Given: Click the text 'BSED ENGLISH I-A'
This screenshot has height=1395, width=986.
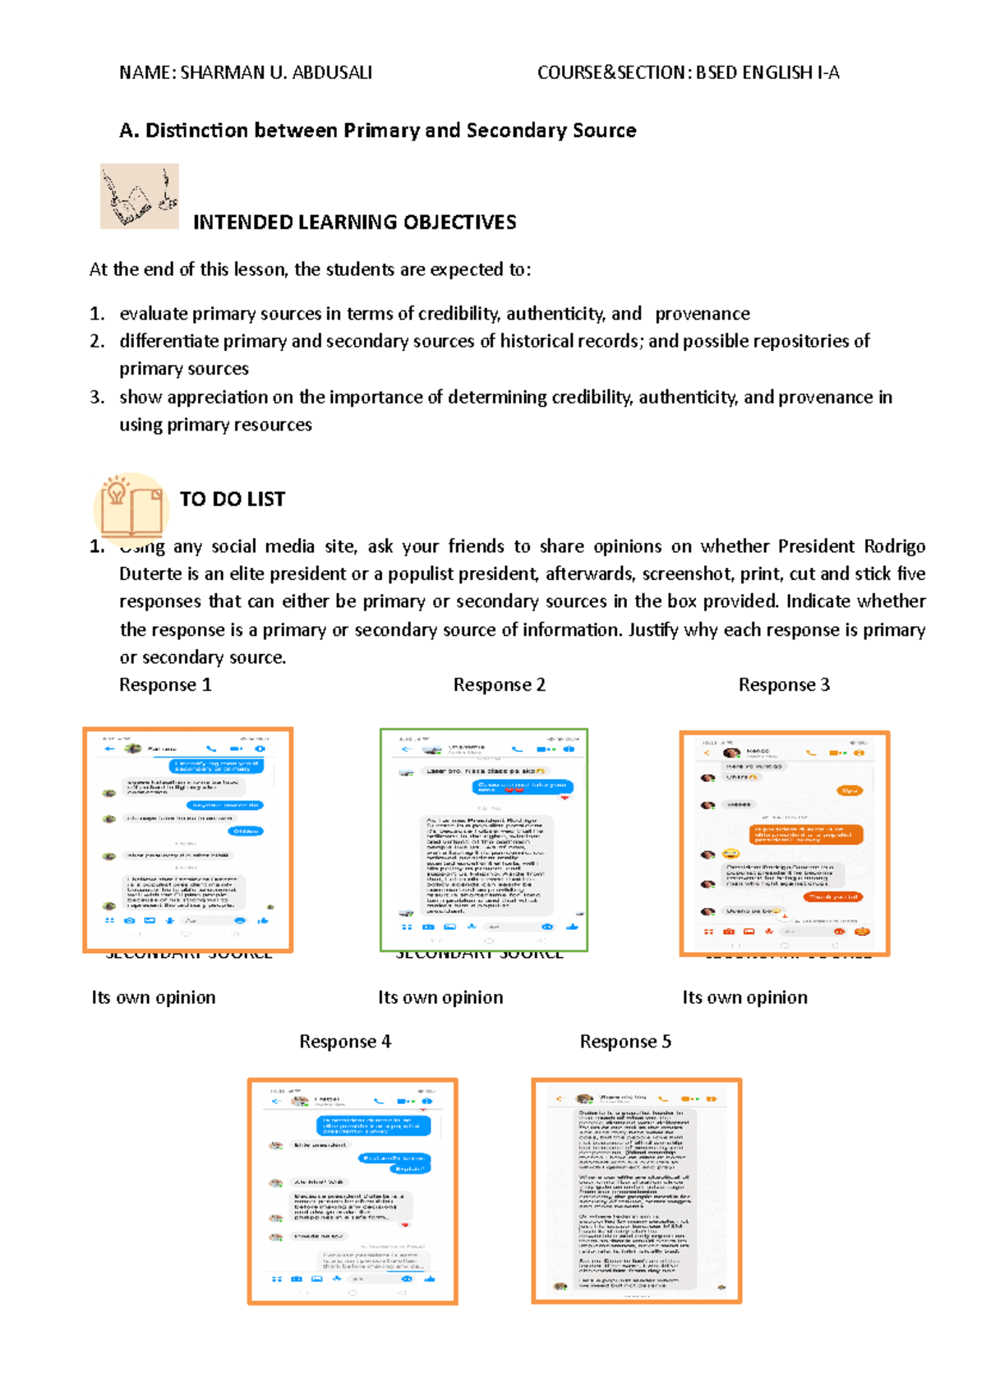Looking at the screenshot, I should (x=767, y=73).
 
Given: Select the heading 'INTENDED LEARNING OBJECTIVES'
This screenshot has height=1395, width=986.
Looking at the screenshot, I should (x=354, y=223).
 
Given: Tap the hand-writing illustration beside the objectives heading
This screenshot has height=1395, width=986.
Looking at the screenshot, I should (x=139, y=196).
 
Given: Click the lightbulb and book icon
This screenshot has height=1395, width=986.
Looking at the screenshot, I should (x=131, y=507).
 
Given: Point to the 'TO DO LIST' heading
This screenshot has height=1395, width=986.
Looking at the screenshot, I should (x=233, y=500).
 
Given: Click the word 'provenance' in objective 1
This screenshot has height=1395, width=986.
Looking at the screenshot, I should (x=702, y=314).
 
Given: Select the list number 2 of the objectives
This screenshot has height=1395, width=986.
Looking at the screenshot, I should (x=97, y=342).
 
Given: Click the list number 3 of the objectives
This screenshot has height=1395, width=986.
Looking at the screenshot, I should (x=97, y=398).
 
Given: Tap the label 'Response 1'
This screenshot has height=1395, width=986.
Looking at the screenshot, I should (x=165, y=685).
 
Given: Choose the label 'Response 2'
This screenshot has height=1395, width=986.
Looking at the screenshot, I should (x=499, y=685).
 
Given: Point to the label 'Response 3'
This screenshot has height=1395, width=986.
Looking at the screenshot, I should (x=784, y=685).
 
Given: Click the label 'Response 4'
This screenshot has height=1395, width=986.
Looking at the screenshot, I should (x=345, y=1042).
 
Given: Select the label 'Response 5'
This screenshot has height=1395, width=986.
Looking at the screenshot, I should (x=625, y=1042).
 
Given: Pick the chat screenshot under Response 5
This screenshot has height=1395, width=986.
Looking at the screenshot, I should (x=637, y=1190).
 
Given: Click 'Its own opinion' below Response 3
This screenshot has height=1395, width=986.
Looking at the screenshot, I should (x=744, y=997).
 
